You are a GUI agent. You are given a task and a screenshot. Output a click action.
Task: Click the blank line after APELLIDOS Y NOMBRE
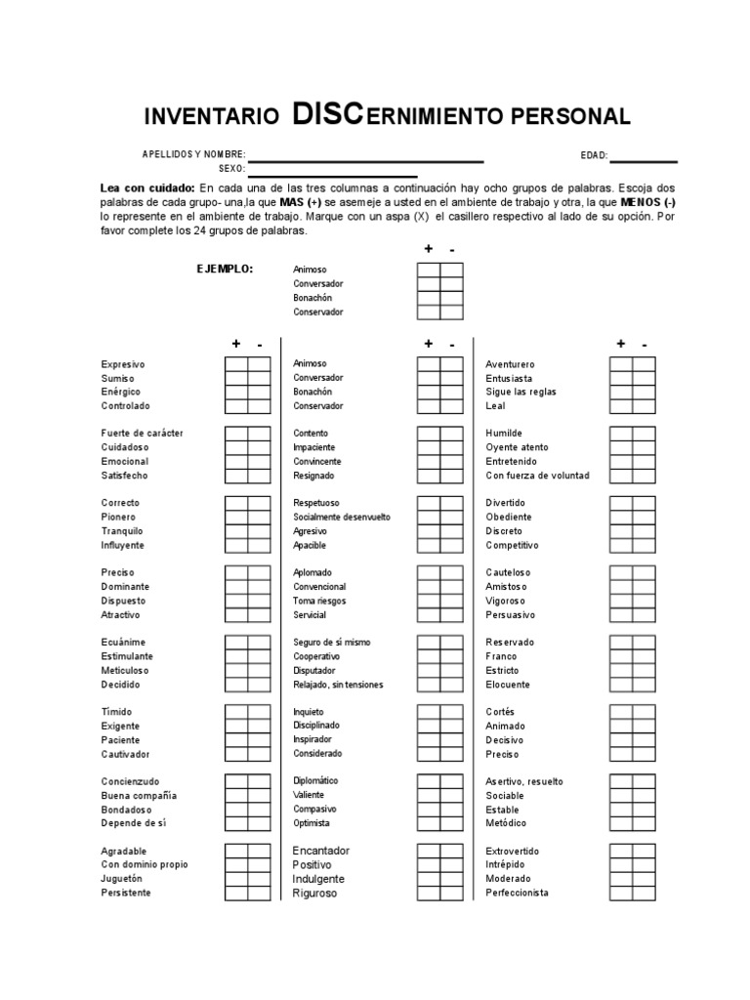pos(365,161)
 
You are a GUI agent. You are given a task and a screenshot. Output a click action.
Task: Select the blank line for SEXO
pos(332,176)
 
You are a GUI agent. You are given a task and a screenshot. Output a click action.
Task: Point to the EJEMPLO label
pos(225,269)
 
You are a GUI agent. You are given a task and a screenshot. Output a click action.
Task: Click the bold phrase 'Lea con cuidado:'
pos(147,187)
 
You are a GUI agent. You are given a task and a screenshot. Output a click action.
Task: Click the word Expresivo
pos(123,364)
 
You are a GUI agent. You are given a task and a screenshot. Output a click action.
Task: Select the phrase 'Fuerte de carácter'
pos(143,434)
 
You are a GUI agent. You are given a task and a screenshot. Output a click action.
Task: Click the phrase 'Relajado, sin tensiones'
pos(338,685)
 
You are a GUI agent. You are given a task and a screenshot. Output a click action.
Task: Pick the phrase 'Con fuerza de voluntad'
pos(538,476)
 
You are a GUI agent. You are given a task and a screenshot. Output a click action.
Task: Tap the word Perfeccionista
pos(518,893)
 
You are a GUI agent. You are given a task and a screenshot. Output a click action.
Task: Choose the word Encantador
pos(320,851)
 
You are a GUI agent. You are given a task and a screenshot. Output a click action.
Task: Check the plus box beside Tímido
pos(236,712)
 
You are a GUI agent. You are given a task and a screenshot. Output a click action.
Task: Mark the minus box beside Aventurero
pos(644,364)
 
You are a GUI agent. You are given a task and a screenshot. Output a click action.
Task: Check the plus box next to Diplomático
pos(428,781)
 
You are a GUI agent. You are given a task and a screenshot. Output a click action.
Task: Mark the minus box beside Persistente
pos(259,893)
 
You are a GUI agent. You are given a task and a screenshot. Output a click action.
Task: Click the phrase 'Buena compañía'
pos(139,796)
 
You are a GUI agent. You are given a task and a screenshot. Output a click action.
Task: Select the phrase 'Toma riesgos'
pos(319,601)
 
